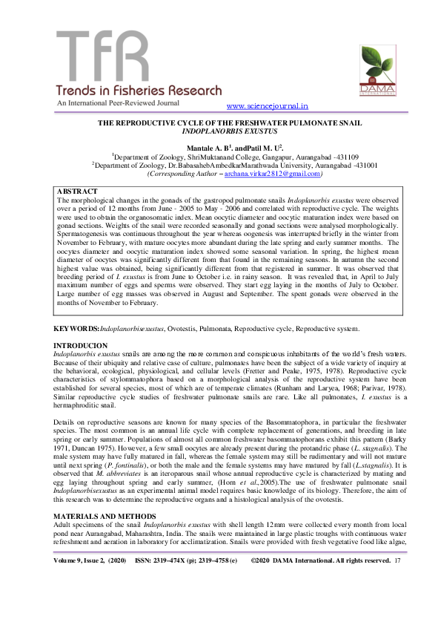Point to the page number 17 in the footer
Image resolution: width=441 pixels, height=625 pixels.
pos(398,602)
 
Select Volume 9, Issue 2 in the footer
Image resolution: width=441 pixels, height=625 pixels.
pos(89,602)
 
